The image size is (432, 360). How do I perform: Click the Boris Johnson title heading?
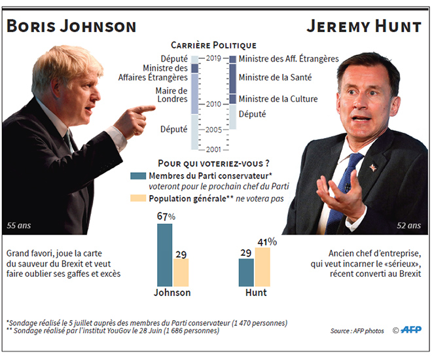click(x=71, y=27)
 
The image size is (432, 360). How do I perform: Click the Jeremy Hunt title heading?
click(x=364, y=27)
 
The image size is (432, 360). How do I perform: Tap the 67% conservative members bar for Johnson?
click(x=165, y=255)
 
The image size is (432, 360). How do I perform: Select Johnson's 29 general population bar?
click(x=181, y=272)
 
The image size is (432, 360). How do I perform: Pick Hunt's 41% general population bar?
click(x=262, y=266)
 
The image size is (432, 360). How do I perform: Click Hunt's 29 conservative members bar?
click(x=246, y=272)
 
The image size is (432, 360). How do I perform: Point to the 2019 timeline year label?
click(x=213, y=59)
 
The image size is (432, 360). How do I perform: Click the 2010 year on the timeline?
click(x=213, y=104)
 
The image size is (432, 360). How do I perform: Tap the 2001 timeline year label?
click(x=213, y=149)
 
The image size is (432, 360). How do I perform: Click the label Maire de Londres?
click(x=171, y=96)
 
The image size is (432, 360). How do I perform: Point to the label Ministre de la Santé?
click(x=274, y=78)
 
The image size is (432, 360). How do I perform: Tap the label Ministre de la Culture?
click(x=278, y=99)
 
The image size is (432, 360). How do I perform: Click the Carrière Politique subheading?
click(x=213, y=45)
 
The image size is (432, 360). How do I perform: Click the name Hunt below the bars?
click(x=255, y=293)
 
